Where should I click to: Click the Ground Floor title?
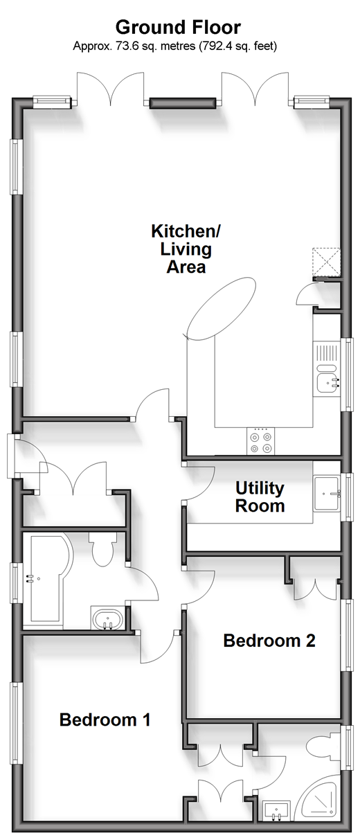(178, 28)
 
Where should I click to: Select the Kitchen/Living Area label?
(186, 249)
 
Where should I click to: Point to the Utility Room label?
(260, 497)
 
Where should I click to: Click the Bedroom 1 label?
(105, 720)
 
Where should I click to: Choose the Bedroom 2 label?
(269, 641)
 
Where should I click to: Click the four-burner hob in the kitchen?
(260, 442)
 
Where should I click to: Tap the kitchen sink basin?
(328, 383)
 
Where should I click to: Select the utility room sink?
(327, 494)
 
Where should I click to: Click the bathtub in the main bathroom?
(47, 582)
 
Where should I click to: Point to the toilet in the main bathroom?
(102, 549)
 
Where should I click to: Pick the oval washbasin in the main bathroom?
(108, 619)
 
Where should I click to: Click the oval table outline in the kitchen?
(221, 309)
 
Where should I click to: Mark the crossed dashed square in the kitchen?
(327, 262)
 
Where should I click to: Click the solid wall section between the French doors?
(183, 103)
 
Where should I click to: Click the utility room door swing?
(199, 482)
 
